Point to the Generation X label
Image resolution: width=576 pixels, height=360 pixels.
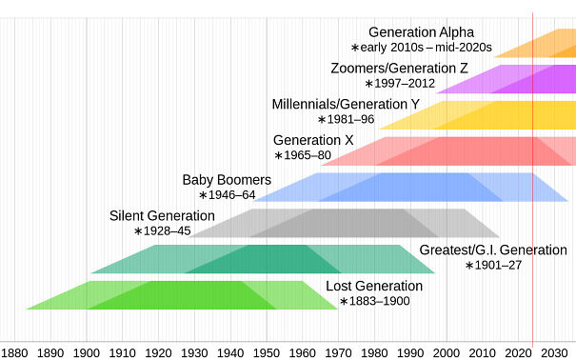(x=313, y=140)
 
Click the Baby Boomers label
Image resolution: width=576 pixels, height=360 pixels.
(x=227, y=179)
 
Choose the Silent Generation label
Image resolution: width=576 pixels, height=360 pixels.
(x=162, y=215)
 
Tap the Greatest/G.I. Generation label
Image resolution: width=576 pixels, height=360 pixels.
(x=492, y=250)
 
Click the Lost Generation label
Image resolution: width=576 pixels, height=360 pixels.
(x=374, y=287)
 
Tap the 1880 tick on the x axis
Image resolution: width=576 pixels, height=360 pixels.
(x=14, y=352)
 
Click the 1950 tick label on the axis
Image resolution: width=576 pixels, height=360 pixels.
(x=267, y=352)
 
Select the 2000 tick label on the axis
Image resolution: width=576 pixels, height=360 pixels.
(x=447, y=352)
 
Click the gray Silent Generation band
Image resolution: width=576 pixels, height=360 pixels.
(x=343, y=223)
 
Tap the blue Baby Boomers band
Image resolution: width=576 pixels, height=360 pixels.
(x=409, y=187)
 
